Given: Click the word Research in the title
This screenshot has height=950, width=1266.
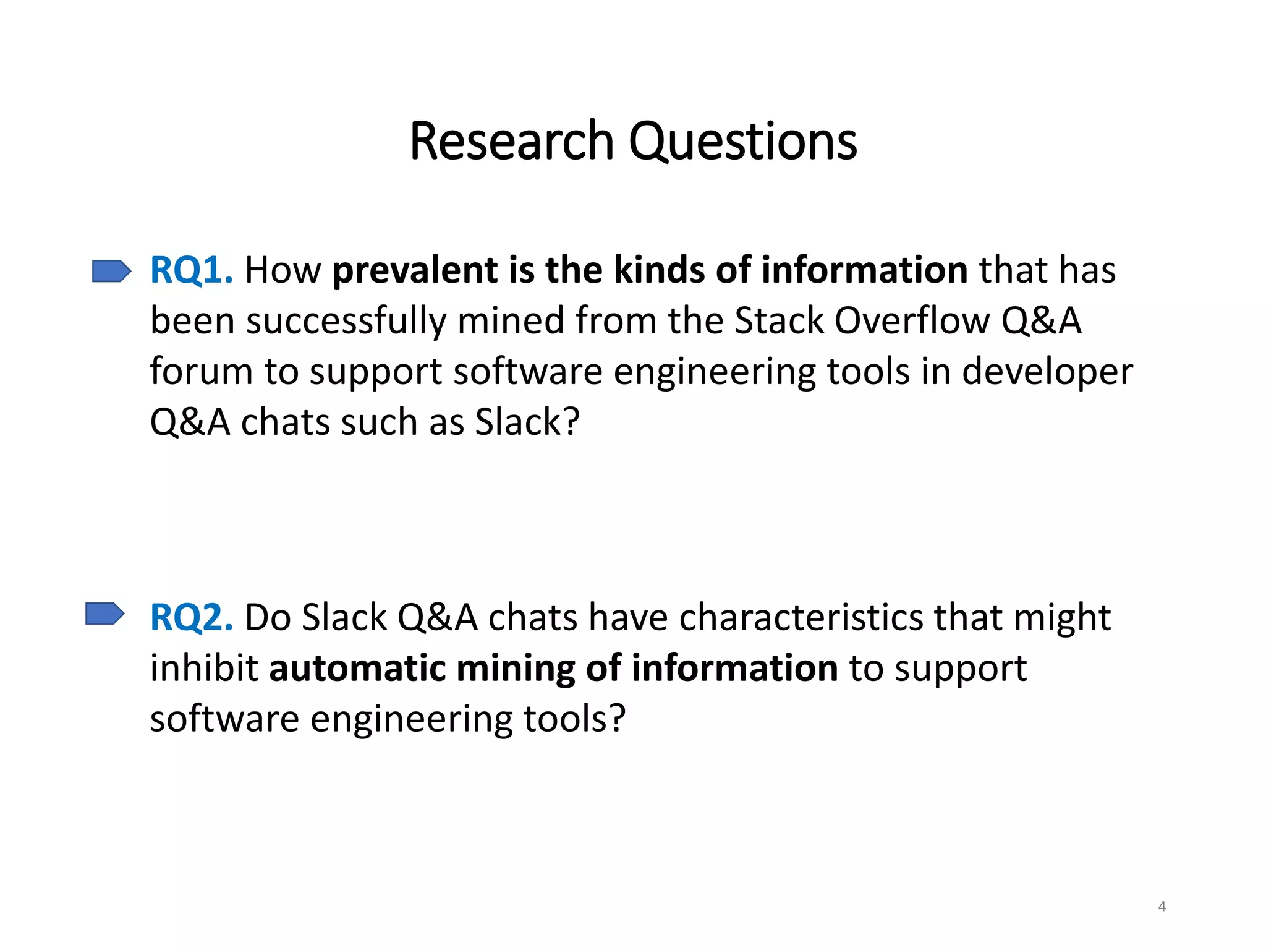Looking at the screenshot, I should (x=511, y=142).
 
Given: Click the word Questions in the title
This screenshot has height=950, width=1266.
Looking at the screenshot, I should (x=742, y=142).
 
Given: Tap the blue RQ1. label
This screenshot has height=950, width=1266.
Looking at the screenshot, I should (x=192, y=270).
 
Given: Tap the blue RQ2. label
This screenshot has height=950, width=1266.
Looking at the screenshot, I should (x=192, y=617).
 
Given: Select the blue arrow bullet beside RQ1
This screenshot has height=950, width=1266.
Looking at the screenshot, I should (x=111, y=271).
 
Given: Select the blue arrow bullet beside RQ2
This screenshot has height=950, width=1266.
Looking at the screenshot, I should (x=104, y=614).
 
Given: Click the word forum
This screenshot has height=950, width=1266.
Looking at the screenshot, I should (x=201, y=372).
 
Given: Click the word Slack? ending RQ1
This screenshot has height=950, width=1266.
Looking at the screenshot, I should (x=527, y=422).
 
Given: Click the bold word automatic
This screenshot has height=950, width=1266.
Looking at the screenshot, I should (x=357, y=668).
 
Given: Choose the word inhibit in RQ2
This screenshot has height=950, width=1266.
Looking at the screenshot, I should (x=203, y=668).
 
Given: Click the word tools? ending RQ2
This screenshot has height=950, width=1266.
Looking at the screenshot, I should (x=575, y=719).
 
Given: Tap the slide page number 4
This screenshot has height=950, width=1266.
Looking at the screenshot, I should (x=1162, y=907).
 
